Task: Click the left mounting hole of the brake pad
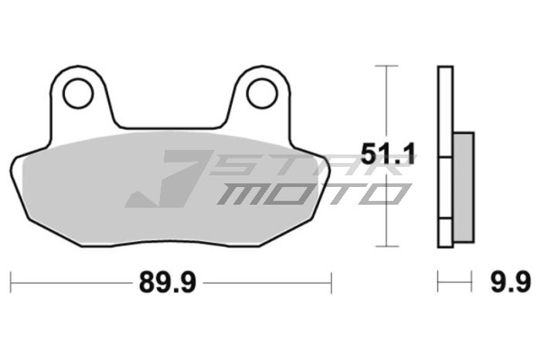click(77, 93)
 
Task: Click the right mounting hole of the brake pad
click(261, 93)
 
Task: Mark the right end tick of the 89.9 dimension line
click(331, 283)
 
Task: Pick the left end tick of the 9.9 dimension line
click(438, 283)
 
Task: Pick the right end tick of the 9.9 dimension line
click(471, 283)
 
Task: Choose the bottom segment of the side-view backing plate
click(444, 233)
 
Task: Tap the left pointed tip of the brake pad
click(13, 164)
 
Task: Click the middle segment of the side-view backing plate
click(444, 188)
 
